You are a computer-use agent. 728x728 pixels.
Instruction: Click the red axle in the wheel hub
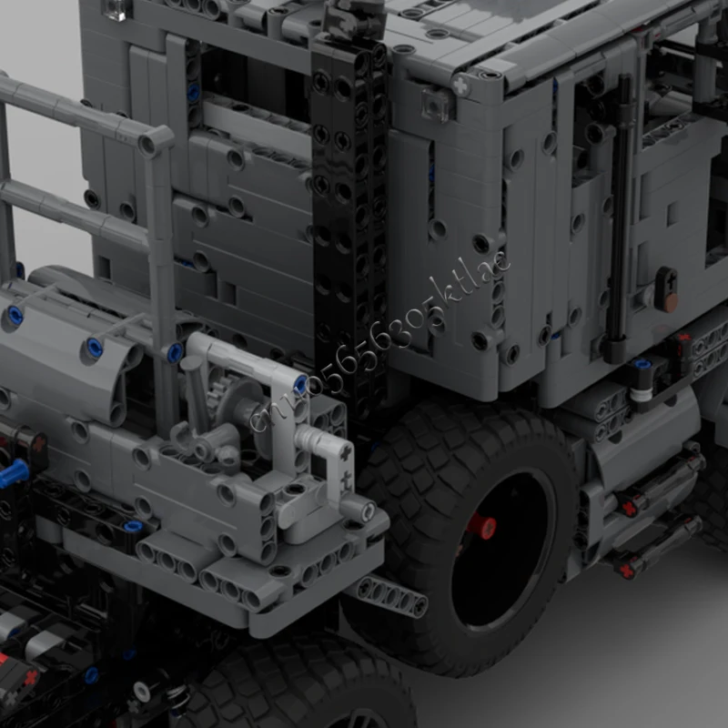pyautogui.click(x=481, y=527)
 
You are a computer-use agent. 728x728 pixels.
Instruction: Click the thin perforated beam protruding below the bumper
pyautogui.click(x=391, y=596)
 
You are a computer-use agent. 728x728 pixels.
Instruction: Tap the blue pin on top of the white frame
pyautogui.click(x=301, y=383)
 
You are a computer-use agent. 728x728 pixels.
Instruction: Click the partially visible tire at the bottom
pyautogui.click(x=300, y=682)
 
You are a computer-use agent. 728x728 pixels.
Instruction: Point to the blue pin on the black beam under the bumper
pyautogui.click(x=133, y=526)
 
